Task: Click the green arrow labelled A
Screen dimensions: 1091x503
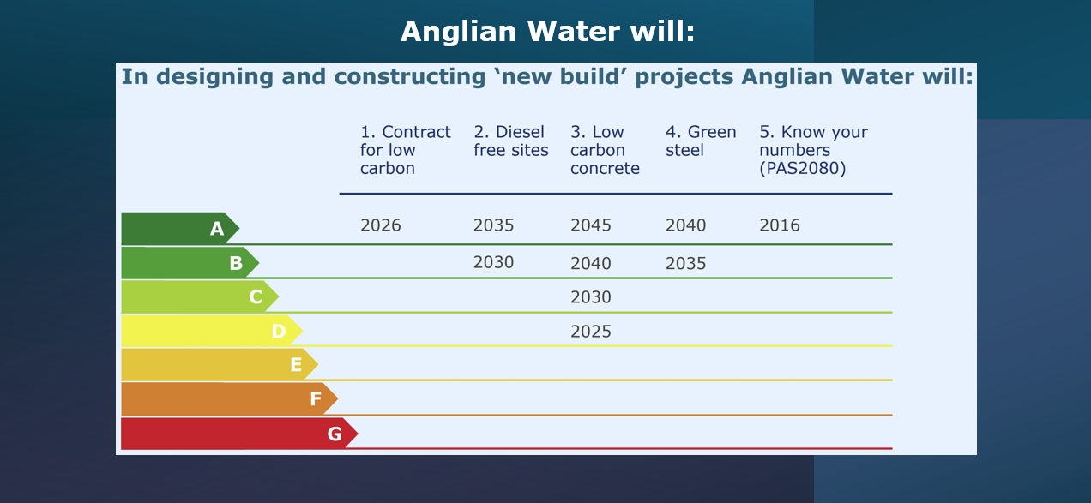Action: tap(180, 228)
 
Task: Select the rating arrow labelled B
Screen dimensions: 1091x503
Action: tap(190, 263)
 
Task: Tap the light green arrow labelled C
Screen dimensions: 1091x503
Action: tap(200, 296)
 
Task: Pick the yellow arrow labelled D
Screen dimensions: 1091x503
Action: tap(212, 331)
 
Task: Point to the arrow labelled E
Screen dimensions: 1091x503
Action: tap(220, 364)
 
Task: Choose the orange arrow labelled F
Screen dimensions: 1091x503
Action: tap(229, 399)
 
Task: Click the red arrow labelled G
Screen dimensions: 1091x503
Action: tap(239, 434)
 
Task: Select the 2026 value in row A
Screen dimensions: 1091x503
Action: tap(380, 225)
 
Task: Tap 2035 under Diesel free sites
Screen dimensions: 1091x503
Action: tap(493, 225)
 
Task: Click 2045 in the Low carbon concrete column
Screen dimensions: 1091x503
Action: tap(591, 225)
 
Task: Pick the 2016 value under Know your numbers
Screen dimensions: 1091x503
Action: tap(780, 225)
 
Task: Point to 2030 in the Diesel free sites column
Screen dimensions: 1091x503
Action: tap(493, 262)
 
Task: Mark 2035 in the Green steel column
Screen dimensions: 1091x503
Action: tap(686, 263)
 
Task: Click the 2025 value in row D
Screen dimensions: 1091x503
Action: tap(591, 332)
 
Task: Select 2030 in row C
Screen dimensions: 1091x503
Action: tap(591, 296)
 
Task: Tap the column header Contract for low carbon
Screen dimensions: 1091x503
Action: tap(405, 150)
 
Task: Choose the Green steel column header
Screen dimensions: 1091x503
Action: tap(701, 141)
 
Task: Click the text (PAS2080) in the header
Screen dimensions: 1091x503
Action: tap(803, 168)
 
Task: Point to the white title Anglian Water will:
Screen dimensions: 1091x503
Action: tap(547, 32)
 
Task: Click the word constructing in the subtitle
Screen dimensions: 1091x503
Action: tap(410, 77)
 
